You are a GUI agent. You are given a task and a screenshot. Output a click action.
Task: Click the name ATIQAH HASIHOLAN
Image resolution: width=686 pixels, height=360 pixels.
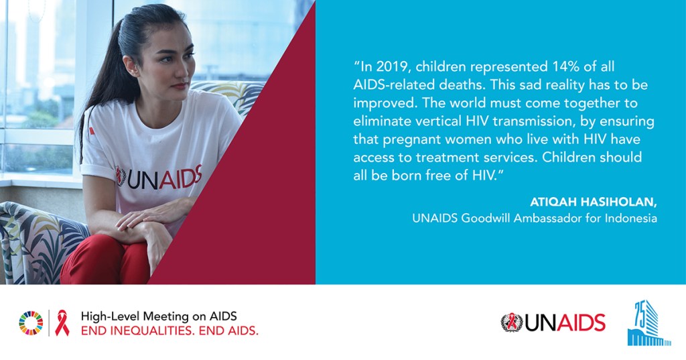594,202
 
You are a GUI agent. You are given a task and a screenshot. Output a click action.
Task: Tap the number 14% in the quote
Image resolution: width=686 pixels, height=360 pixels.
562,66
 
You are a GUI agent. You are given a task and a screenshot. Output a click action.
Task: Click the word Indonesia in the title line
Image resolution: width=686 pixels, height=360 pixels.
631,218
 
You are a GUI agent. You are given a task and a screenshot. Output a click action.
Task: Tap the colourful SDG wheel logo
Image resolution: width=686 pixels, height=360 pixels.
31,323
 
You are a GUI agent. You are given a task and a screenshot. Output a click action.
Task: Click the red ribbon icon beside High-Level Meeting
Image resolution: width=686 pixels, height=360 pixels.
62,323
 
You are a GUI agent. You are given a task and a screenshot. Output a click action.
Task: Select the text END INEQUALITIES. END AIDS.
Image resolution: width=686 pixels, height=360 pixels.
169,331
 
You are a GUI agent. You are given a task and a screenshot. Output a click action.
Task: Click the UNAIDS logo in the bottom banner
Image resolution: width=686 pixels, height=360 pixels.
553,322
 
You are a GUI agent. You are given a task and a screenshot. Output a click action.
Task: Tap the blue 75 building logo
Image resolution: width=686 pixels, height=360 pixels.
648,323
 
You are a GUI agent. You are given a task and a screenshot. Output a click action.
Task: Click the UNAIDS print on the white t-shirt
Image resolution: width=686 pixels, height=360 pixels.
158,178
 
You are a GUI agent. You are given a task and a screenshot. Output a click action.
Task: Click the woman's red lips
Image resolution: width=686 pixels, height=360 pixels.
180,86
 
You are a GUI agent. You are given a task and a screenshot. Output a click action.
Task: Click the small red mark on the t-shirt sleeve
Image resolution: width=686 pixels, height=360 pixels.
92,131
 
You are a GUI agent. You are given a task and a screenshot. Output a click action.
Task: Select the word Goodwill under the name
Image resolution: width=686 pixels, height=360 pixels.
485,218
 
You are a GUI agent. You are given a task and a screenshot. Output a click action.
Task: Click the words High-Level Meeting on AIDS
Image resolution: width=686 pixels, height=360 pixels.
159,316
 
